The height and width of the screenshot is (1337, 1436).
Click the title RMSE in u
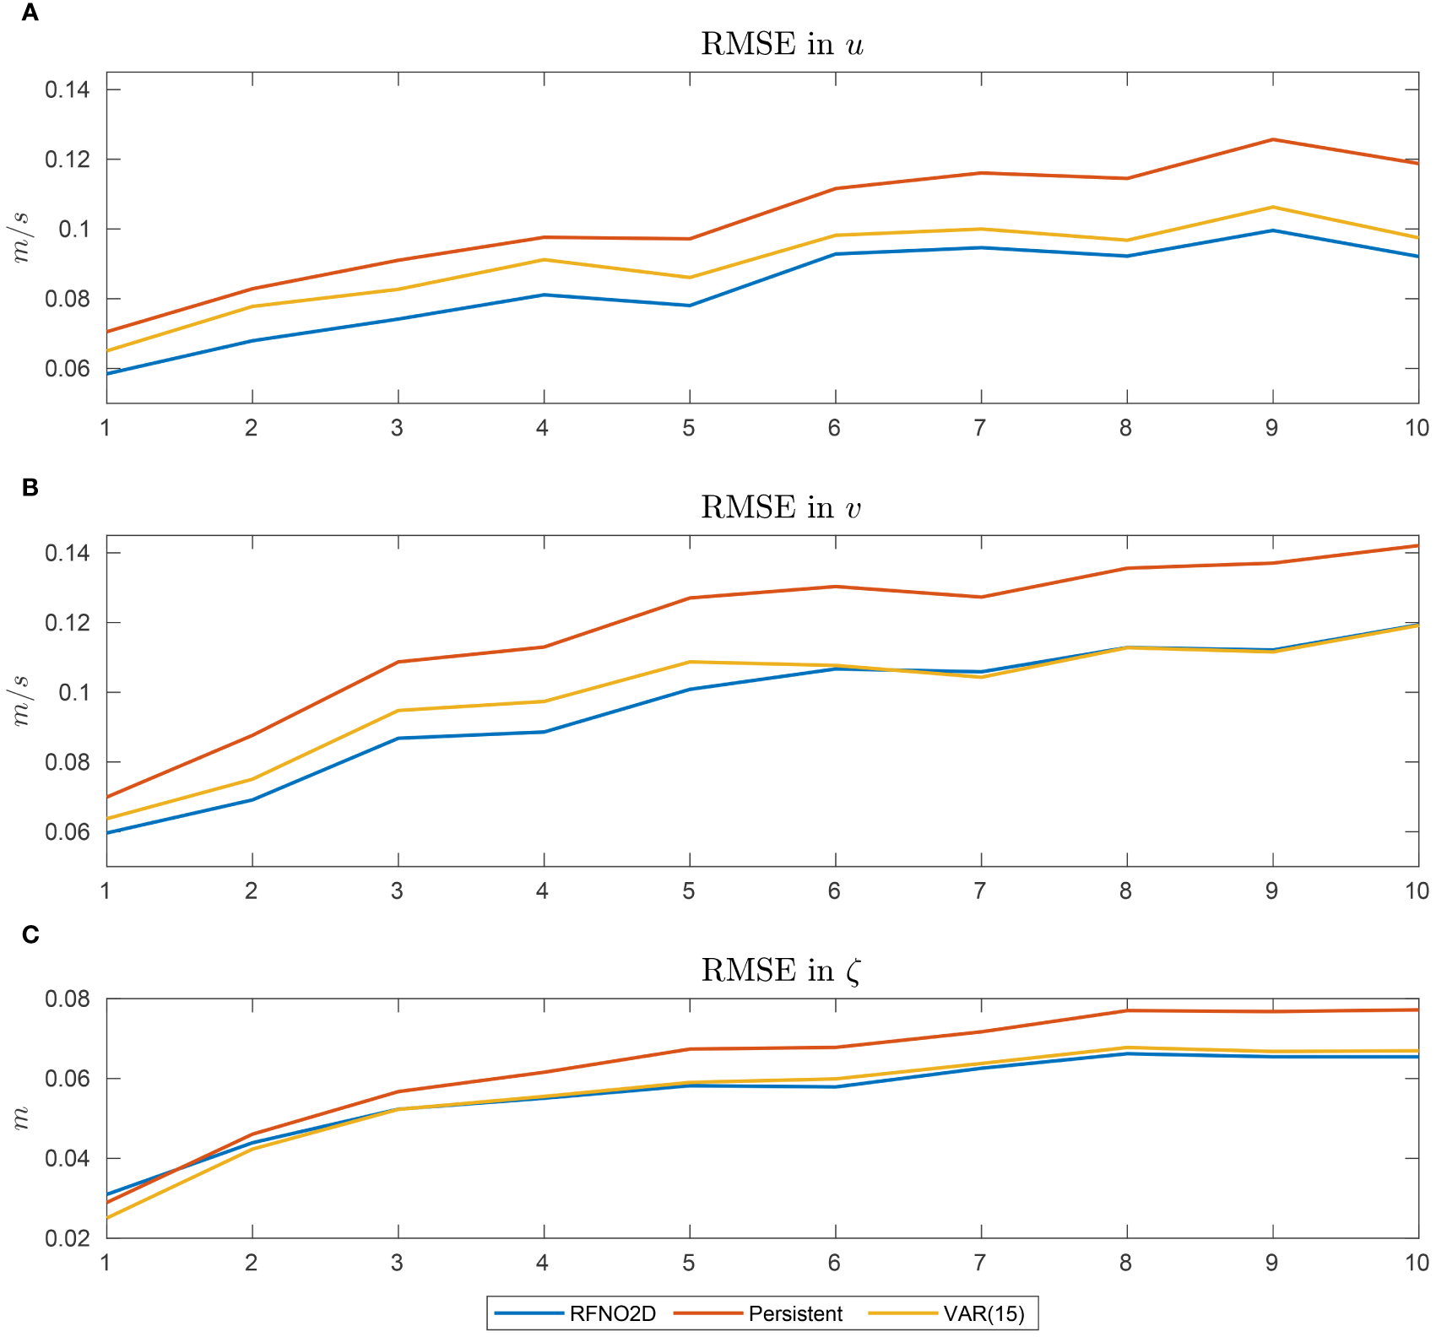click(782, 44)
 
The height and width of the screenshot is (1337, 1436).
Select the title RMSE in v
click(782, 507)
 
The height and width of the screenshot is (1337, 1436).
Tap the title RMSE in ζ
click(782, 971)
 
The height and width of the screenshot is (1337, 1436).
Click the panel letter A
click(30, 14)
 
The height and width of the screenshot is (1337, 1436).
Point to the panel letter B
click(30, 487)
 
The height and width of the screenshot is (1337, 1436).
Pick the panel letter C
click(30, 934)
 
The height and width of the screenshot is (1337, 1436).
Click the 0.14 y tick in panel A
click(68, 89)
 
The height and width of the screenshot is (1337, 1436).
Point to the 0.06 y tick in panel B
click(68, 832)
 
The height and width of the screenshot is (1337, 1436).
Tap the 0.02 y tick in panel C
click(68, 1238)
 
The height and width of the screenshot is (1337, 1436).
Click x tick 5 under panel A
click(689, 428)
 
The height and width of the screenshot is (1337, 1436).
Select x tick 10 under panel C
click(1417, 1263)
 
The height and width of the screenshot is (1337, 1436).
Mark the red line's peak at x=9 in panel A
click(1272, 139)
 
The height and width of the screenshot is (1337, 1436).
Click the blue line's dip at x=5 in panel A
click(690, 306)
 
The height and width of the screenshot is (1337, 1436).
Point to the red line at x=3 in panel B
click(398, 662)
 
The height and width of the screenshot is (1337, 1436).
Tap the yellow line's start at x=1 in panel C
click(108, 1218)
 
